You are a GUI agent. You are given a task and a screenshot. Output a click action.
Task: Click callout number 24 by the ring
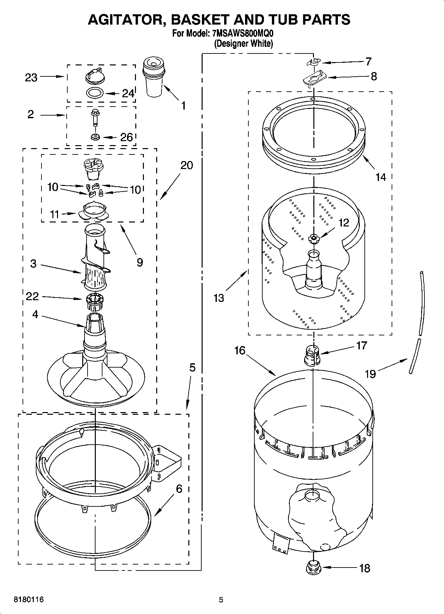128,93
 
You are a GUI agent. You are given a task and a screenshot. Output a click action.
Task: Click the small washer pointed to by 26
95,137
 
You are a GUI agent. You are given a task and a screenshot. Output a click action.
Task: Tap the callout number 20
187,165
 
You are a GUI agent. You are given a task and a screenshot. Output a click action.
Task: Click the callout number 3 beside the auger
33,264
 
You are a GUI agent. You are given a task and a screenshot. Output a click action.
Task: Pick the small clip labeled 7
314,62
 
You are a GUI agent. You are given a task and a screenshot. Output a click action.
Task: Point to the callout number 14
381,177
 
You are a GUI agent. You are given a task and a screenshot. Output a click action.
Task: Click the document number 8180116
29,600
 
